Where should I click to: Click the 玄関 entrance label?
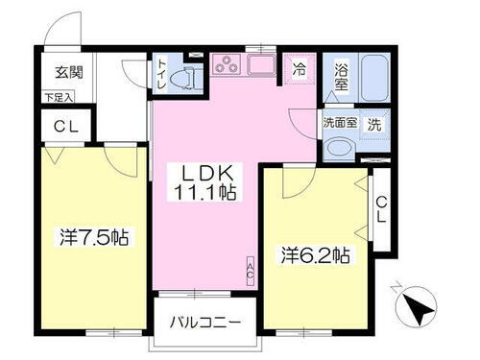pos(66,72)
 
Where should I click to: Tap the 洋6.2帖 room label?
pos(315,255)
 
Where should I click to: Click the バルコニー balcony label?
pos(206,322)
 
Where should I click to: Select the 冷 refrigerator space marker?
pos(300,69)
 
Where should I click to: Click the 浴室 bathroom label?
pos(340,77)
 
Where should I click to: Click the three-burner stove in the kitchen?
pos(228,67)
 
